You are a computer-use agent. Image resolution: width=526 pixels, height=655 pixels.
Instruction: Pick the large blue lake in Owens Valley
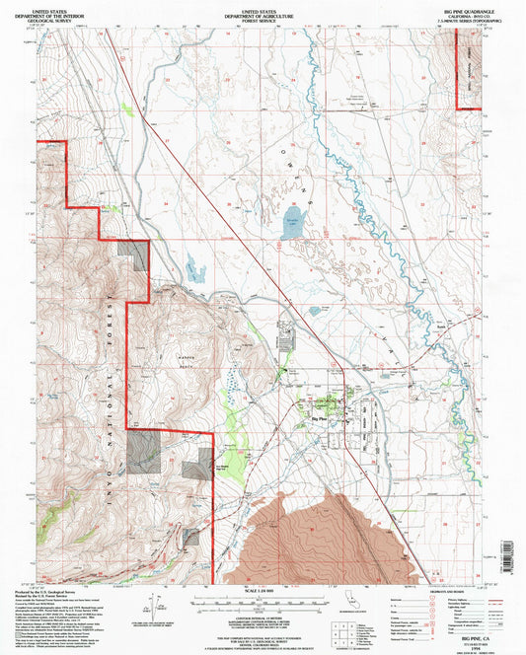[x=292, y=219]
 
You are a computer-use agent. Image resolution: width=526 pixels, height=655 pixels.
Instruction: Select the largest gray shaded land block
[x=142, y=450]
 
